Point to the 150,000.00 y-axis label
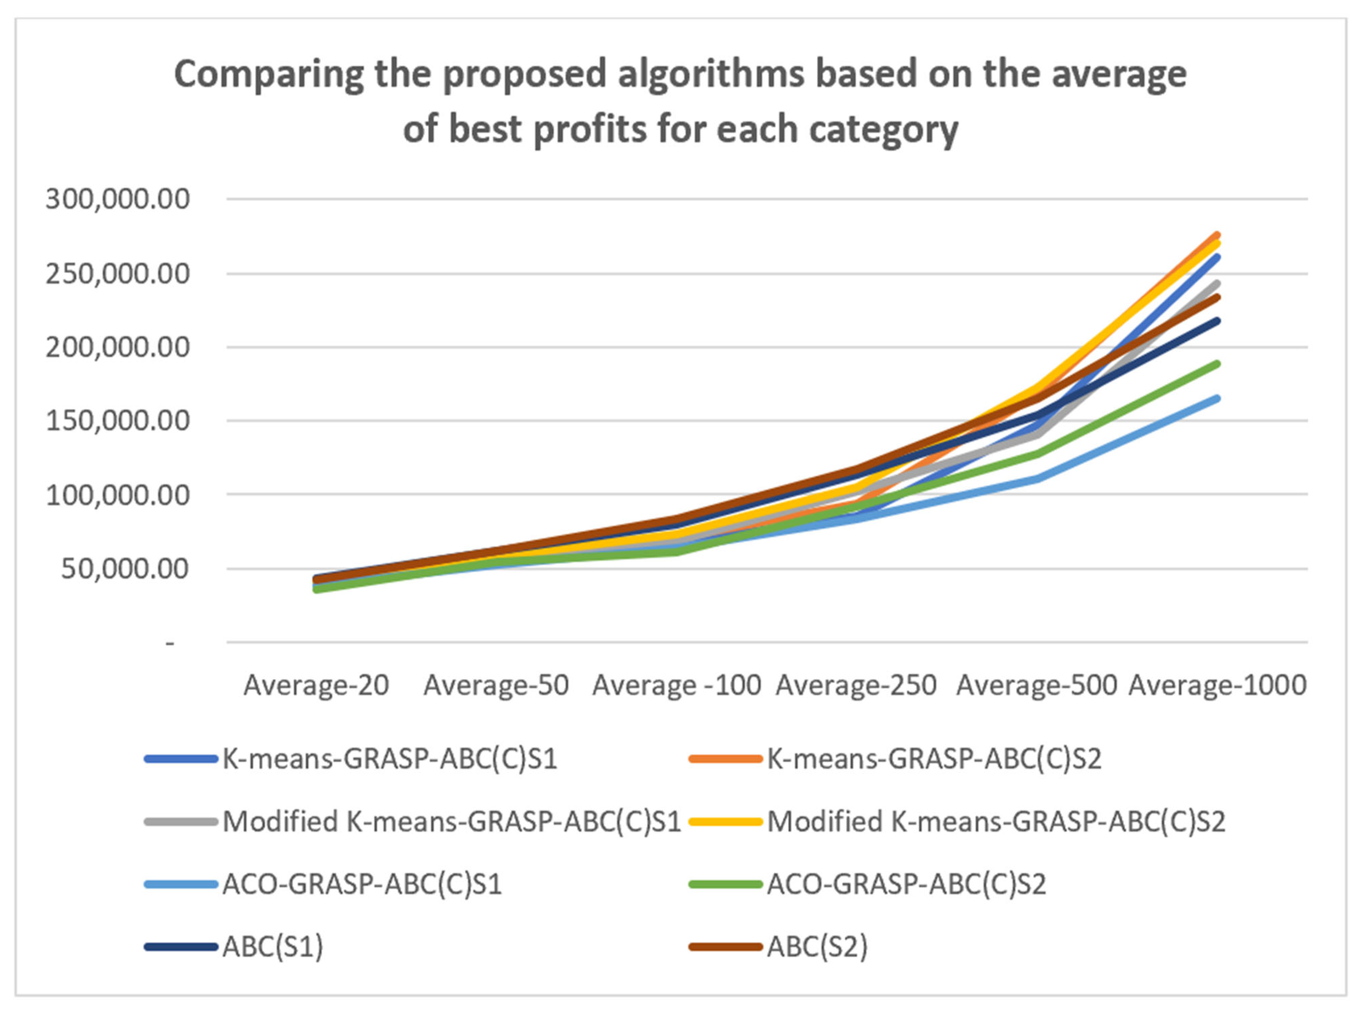pyautogui.click(x=117, y=421)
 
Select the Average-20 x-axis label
pyautogui.click(x=316, y=685)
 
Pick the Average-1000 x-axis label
pyautogui.click(x=1217, y=685)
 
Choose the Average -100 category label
pyautogui.click(x=677, y=685)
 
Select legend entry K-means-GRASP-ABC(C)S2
pyautogui.click(x=934, y=759)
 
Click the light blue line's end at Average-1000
pyautogui.click(x=1217, y=399)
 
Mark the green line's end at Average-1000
pyautogui.click(x=1217, y=364)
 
